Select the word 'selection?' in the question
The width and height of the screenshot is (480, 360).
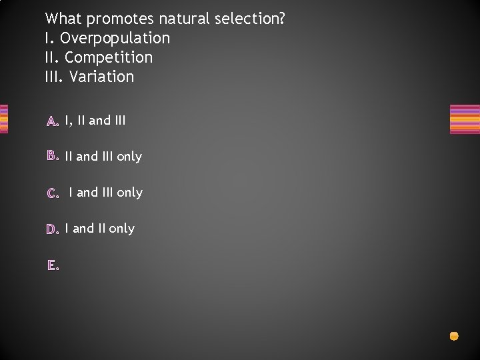click(249, 19)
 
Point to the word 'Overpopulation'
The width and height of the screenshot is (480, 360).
click(115, 39)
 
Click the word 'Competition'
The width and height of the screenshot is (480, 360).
click(109, 57)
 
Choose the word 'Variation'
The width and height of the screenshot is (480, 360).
click(101, 77)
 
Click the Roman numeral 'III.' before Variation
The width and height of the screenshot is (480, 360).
click(55, 77)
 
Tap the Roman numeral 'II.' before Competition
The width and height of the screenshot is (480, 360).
click(53, 57)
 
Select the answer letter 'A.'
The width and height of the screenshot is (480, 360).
click(53, 121)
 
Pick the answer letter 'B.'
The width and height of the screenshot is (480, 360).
click(53, 157)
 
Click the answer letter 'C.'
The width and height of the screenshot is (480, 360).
click(53, 193)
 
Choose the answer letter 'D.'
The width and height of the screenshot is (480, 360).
click(53, 229)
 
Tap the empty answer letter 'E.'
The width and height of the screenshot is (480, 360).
click(53, 265)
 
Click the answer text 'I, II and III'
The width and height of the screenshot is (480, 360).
click(95, 121)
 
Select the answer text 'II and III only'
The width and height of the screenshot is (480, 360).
click(103, 157)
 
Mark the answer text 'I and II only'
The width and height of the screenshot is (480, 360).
click(100, 229)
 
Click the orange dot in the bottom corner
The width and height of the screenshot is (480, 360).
click(454, 336)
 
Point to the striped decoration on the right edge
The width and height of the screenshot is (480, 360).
click(465, 119)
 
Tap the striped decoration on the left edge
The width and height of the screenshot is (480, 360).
click(3, 119)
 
